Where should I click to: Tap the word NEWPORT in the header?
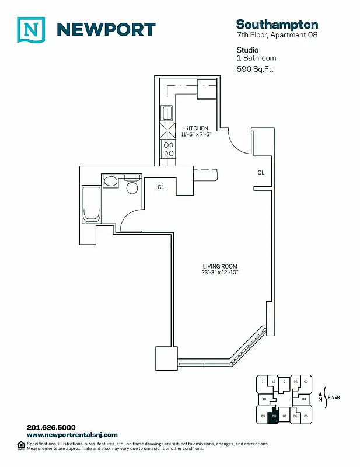click(106, 29)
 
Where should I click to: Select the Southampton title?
click(277, 24)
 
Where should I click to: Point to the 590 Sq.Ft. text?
click(255, 69)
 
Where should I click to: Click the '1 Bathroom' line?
click(256, 58)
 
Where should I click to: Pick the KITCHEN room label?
click(197, 128)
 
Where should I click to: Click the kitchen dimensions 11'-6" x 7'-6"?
click(197, 134)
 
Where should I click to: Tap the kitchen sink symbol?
click(167, 112)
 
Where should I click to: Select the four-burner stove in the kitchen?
click(168, 149)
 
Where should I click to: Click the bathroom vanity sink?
click(111, 182)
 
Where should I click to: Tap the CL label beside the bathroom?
click(160, 187)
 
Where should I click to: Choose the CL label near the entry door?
click(261, 173)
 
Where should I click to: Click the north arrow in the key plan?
click(320, 397)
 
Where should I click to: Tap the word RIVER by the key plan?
click(334, 398)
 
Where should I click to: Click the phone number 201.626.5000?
click(51, 427)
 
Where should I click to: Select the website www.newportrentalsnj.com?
click(72, 435)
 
